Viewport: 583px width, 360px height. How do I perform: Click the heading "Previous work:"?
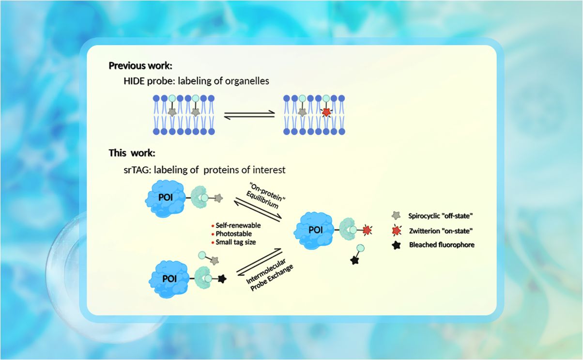[x=140, y=66]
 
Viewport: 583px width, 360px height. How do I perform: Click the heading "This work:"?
[x=132, y=154]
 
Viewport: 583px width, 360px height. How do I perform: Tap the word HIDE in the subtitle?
[x=134, y=81]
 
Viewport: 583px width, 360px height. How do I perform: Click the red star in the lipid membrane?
[x=326, y=112]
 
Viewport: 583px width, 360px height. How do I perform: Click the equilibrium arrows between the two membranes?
[x=249, y=115]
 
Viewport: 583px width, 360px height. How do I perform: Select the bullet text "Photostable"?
[x=233, y=234]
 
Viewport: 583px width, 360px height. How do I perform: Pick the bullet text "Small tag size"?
[x=236, y=242]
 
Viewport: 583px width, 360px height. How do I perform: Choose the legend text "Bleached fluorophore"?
[x=442, y=245]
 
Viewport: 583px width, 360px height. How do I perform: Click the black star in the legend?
[x=397, y=245]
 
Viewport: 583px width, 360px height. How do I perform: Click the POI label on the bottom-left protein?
[x=169, y=279]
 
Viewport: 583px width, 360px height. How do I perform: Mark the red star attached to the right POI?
[x=367, y=229]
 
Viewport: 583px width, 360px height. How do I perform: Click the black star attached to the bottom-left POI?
[x=222, y=279]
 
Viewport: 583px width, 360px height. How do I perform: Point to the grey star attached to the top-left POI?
[x=218, y=198]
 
